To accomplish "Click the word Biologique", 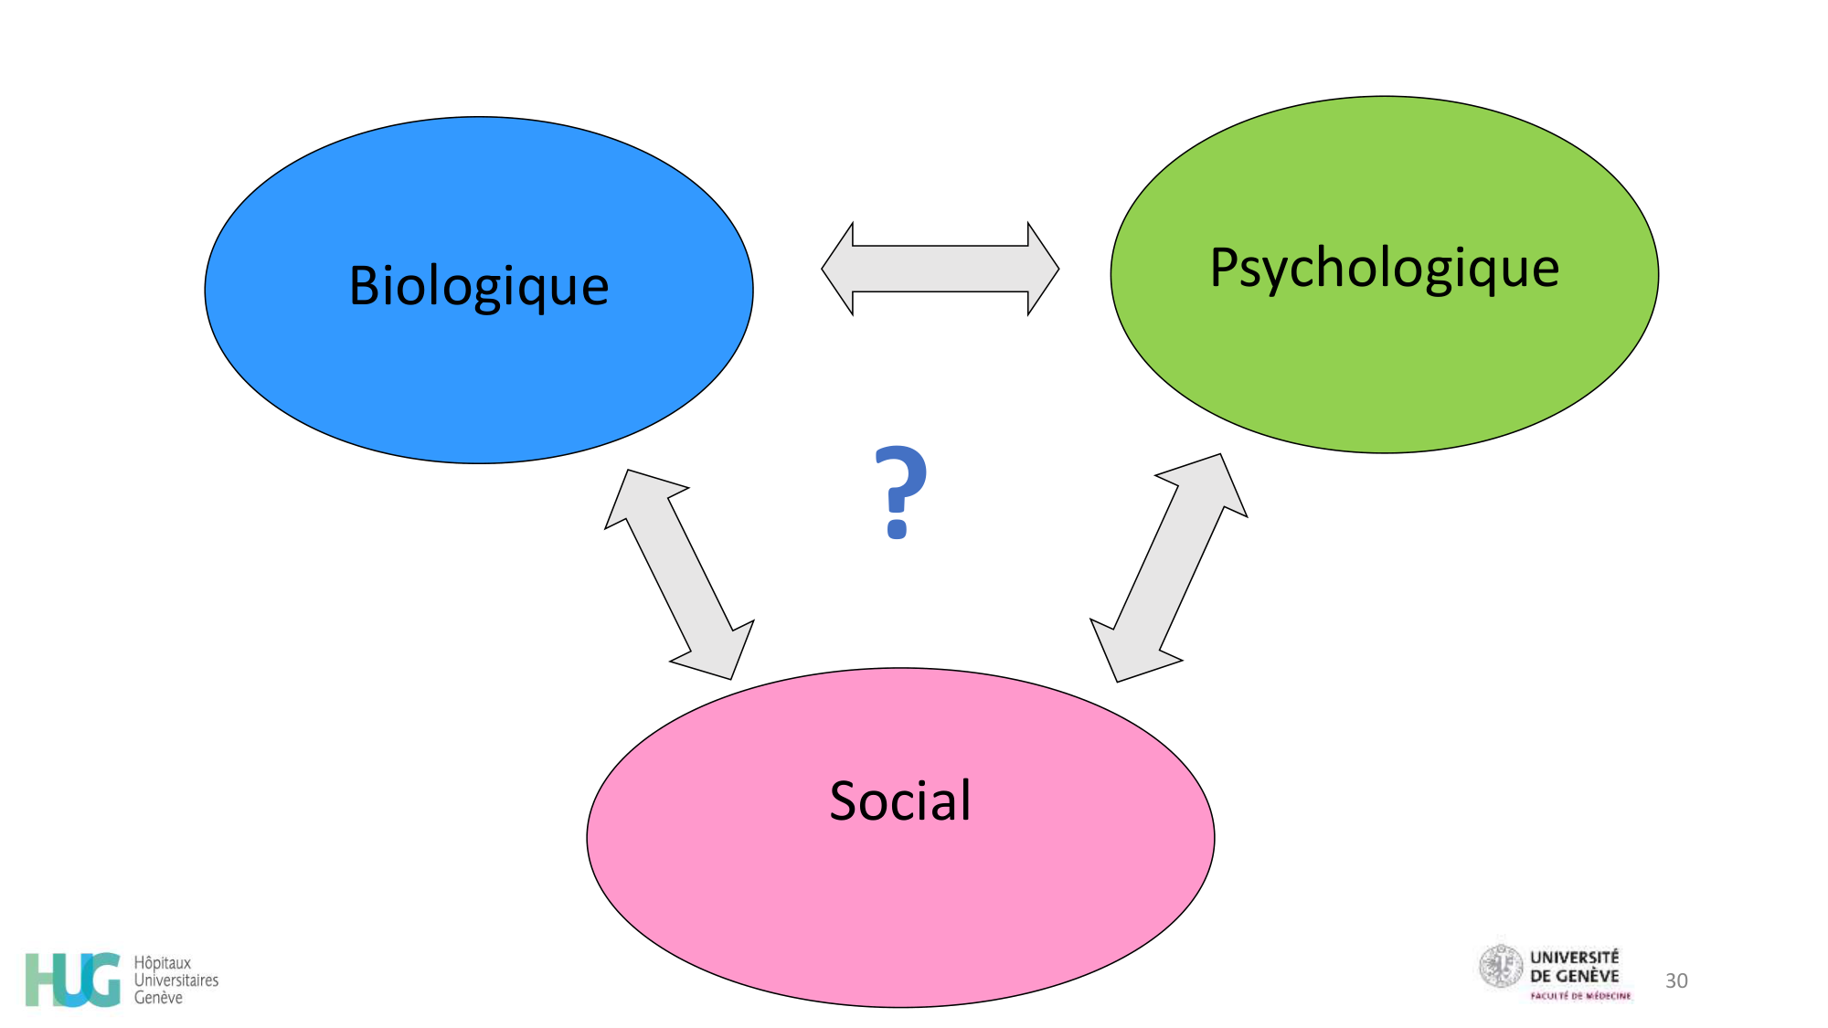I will coord(479,286).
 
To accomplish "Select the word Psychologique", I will coord(1384,269).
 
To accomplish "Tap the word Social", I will coord(900,800).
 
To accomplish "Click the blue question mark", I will coord(900,491).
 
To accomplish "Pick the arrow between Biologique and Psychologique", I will coord(940,269).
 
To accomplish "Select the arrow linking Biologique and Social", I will coord(679,575).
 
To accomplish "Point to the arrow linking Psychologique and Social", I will coord(1169,567).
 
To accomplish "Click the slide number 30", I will coord(1676,980).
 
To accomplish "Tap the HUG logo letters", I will coord(73,979).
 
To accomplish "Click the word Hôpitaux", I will coord(163,963).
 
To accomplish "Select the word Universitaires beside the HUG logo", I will coord(176,980).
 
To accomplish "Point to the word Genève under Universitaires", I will coord(158,998).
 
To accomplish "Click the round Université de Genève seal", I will coord(1501,967).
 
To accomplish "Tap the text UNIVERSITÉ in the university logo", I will coord(1574,958).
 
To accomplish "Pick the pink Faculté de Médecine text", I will coord(1580,996).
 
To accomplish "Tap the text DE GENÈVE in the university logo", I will coord(1574,976).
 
